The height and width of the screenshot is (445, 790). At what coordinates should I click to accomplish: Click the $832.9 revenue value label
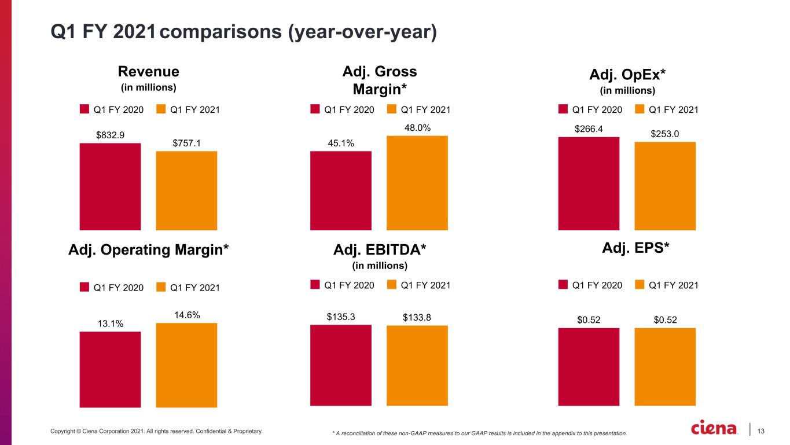click(x=110, y=135)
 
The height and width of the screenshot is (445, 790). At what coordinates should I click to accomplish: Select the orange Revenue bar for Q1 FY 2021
click(x=186, y=191)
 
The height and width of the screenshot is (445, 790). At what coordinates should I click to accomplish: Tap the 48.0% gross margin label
click(x=417, y=128)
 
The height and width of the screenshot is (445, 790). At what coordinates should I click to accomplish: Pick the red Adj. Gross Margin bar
click(x=341, y=191)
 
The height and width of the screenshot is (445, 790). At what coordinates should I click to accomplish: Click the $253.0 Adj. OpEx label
click(x=665, y=134)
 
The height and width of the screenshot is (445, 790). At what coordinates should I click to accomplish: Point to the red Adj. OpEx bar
click(x=589, y=183)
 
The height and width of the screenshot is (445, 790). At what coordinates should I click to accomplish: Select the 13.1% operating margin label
click(x=111, y=323)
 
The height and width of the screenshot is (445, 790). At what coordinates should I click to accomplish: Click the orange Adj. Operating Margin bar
click(x=186, y=365)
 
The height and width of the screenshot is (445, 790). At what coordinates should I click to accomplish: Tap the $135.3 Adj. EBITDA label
click(x=341, y=317)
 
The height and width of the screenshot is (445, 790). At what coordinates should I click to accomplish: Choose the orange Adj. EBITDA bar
click(x=417, y=366)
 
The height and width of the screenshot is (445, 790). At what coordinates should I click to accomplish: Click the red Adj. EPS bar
click(x=589, y=367)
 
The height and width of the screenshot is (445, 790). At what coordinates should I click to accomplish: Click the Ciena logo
click(x=714, y=428)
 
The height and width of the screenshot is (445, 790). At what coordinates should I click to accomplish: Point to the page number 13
click(x=760, y=431)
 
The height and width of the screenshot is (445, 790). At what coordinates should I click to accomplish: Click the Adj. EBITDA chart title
click(x=380, y=249)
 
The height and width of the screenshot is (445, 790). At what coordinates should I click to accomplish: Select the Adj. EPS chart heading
click(x=635, y=248)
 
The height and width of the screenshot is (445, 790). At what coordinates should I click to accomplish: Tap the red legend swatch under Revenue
click(x=84, y=109)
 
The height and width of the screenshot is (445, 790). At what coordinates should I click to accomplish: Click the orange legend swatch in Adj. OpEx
click(x=640, y=109)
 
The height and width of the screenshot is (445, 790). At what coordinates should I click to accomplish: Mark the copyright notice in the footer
click(x=156, y=431)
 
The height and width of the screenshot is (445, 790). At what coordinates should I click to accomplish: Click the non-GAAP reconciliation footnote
click(x=480, y=433)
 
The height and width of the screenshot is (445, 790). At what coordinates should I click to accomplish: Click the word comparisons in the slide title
click(x=221, y=32)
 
